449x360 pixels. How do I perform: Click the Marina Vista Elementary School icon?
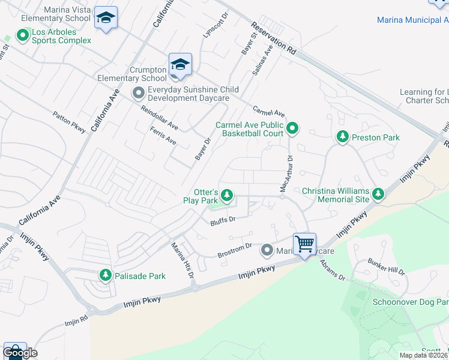pos(106,19)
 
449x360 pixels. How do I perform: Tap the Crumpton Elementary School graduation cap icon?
pos(180,64)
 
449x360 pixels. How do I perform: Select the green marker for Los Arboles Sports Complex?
pos(23,36)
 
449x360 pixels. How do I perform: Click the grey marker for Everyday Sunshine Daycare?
pos(139,93)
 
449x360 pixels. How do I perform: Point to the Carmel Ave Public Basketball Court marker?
pos(292,128)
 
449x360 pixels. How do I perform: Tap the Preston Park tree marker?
pos(342,137)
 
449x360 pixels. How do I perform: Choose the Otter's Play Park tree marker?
pos(227,194)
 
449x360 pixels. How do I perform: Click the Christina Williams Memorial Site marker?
pos(378,194)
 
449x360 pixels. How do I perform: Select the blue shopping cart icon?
pos(304,244)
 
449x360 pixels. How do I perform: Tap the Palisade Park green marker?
pos(106,275)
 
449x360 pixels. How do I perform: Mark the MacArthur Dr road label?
pos(287,174)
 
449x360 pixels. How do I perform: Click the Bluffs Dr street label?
pos(222,221)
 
